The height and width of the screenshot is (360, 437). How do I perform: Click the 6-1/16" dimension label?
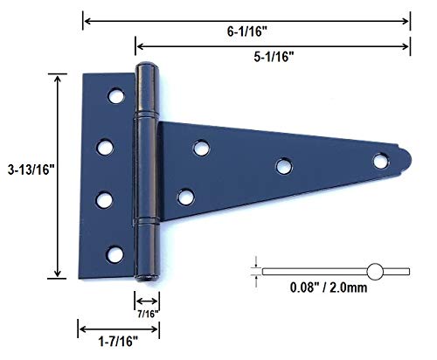tap(247, 31)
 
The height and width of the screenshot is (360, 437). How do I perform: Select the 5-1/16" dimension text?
tap(274, 57)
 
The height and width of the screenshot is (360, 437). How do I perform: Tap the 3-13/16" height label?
tap(31, 170)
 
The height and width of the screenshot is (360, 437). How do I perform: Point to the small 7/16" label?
tap(148, 314)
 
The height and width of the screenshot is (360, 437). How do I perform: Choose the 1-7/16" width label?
tap(118, 341)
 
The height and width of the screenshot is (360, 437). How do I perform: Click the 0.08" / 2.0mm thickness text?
tap(329, 287)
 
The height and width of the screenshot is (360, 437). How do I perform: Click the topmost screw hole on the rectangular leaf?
tap(116, 95)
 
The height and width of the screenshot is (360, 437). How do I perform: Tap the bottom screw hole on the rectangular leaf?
tap(114, 254)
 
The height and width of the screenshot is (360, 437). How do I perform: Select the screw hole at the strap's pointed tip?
tap(381, 161)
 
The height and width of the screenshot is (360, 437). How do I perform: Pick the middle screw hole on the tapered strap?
tap(284, 166)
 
